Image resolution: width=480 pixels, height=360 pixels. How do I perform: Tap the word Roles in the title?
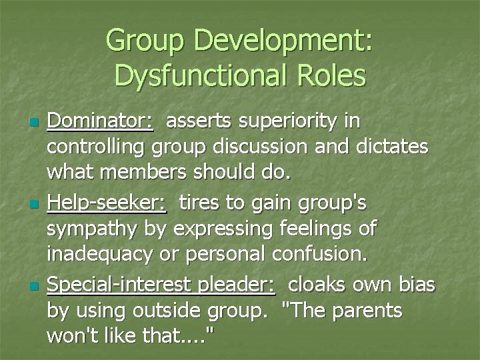pyautogui.click(x=332, y=75)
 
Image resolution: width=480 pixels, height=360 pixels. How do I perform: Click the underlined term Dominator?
pyautogui.click(x=99, y=122)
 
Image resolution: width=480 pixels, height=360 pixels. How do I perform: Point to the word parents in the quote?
pyautogui.click(x=370, y=311)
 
